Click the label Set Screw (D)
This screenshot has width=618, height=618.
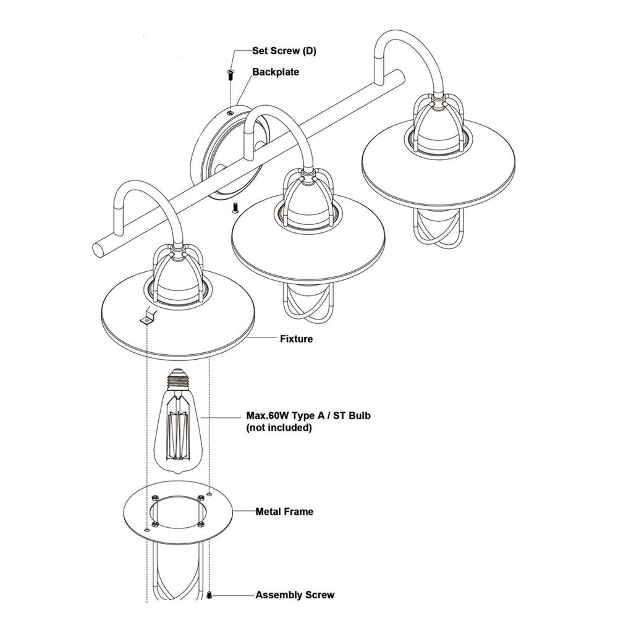point(284,51)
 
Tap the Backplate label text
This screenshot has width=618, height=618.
point(276,72)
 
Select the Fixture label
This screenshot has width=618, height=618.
point(297,339)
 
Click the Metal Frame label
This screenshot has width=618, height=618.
point(284,512)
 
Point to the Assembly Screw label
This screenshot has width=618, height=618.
point(295,595)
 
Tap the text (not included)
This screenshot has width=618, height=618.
point(279,428)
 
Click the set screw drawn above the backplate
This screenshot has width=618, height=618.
point(230,74)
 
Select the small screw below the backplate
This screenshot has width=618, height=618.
point(235,207)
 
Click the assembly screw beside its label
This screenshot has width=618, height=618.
point(210,595)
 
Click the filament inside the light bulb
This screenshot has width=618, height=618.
point(178,435)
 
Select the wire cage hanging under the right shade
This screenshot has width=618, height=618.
point(437,231)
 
